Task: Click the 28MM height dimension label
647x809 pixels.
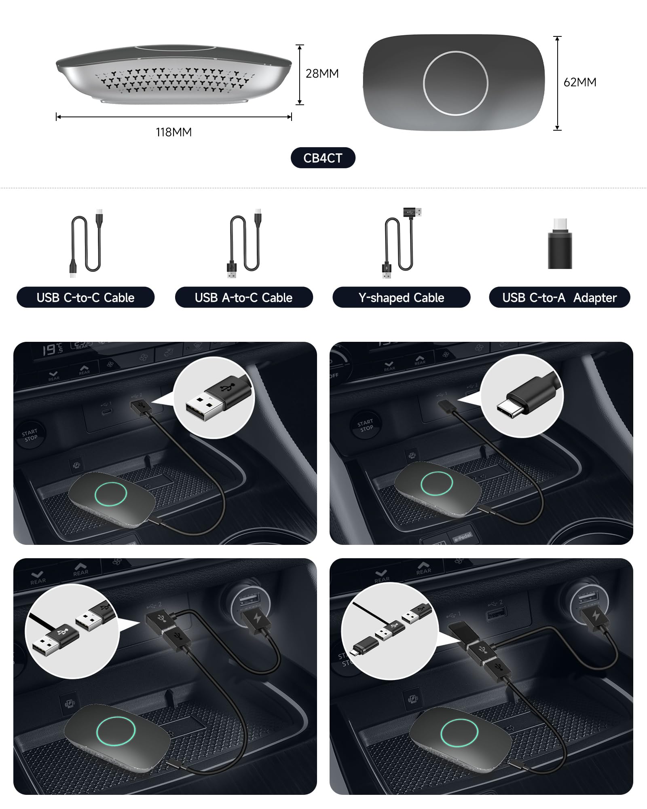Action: tap(322, 74)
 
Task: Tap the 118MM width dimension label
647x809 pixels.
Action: tap(174, 132)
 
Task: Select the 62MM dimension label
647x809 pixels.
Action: tap(580, 83)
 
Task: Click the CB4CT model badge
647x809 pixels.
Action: tap(323, 158)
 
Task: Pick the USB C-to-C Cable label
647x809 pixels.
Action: tap(85, 298)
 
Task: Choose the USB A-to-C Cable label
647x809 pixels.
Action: tap(243, 298)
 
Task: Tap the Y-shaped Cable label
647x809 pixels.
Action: tap(401, 298)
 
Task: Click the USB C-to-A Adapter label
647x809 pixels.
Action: tap(559, 298)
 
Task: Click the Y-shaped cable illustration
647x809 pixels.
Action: tap(400, 243)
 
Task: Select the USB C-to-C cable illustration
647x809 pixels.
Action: tap(86, 243)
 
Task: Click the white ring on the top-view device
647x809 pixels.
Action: tap(455, 83)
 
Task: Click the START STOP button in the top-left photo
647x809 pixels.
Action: tap(30, 435)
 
